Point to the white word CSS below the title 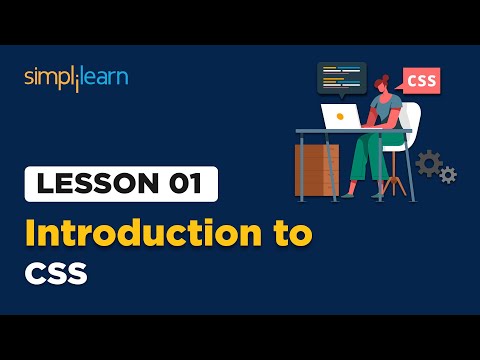coord(57,272)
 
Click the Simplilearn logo coord(76,77)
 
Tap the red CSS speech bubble coord(421,80)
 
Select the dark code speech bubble coord(342,77)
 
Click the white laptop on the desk coord(345,116)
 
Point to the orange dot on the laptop coord(340,116)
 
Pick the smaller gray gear coord(448,175)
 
